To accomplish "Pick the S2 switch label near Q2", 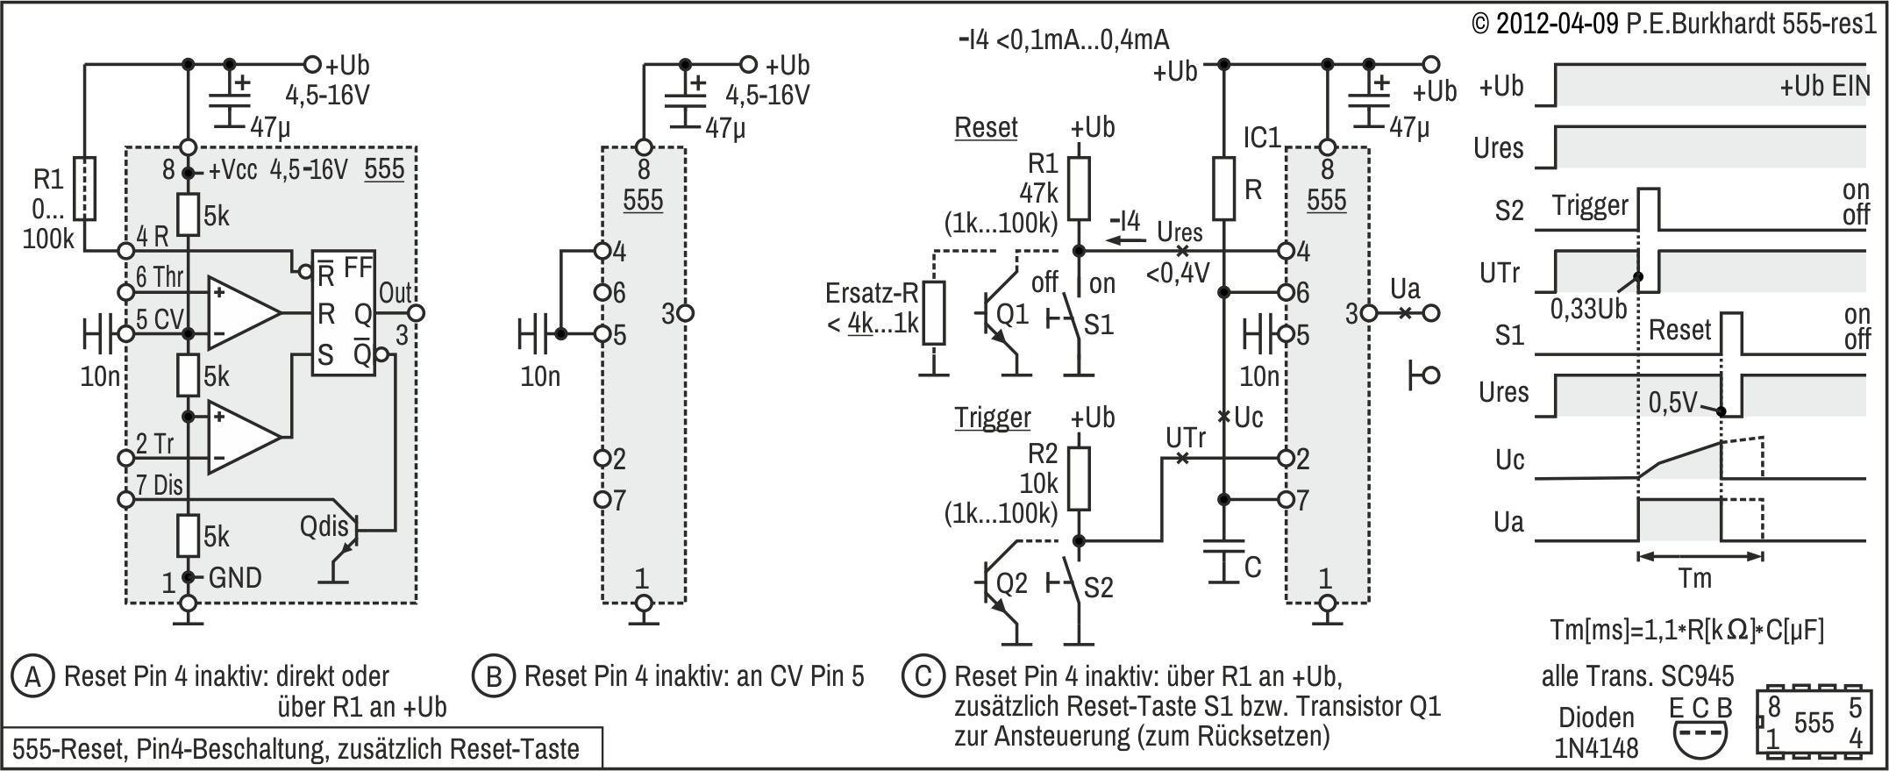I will [1099, 588].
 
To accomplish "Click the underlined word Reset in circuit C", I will [986, 128].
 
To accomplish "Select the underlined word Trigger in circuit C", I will [993, 418].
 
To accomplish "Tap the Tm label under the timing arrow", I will [1694, 579].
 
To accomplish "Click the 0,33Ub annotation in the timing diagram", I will [1588, 309].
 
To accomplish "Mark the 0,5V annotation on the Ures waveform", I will [1672, 403].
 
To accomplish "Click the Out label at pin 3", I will [396, 293].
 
